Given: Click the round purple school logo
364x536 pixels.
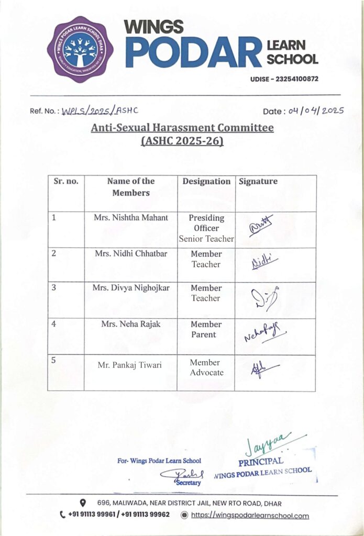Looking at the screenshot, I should tap(80, 49).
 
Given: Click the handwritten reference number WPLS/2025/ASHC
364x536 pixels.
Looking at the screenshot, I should tap(100, 110).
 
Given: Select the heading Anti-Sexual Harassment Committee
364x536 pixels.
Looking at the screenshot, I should tap(182, 128).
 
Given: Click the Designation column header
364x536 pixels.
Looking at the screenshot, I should tap(206, 182).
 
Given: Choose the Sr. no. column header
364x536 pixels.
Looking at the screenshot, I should tap(65, 182).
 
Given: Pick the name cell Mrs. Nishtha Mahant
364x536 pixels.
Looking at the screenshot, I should tap(130, 218).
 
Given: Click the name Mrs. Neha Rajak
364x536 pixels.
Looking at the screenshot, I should tap(130, 324).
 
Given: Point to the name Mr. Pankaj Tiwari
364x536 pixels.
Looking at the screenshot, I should tap(130, 365).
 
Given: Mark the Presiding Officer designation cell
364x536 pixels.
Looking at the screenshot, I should tap(206, 228).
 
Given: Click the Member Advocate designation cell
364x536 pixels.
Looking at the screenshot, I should tap(206, 367).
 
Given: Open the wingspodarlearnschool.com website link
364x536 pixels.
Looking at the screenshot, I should tap(249, 516).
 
